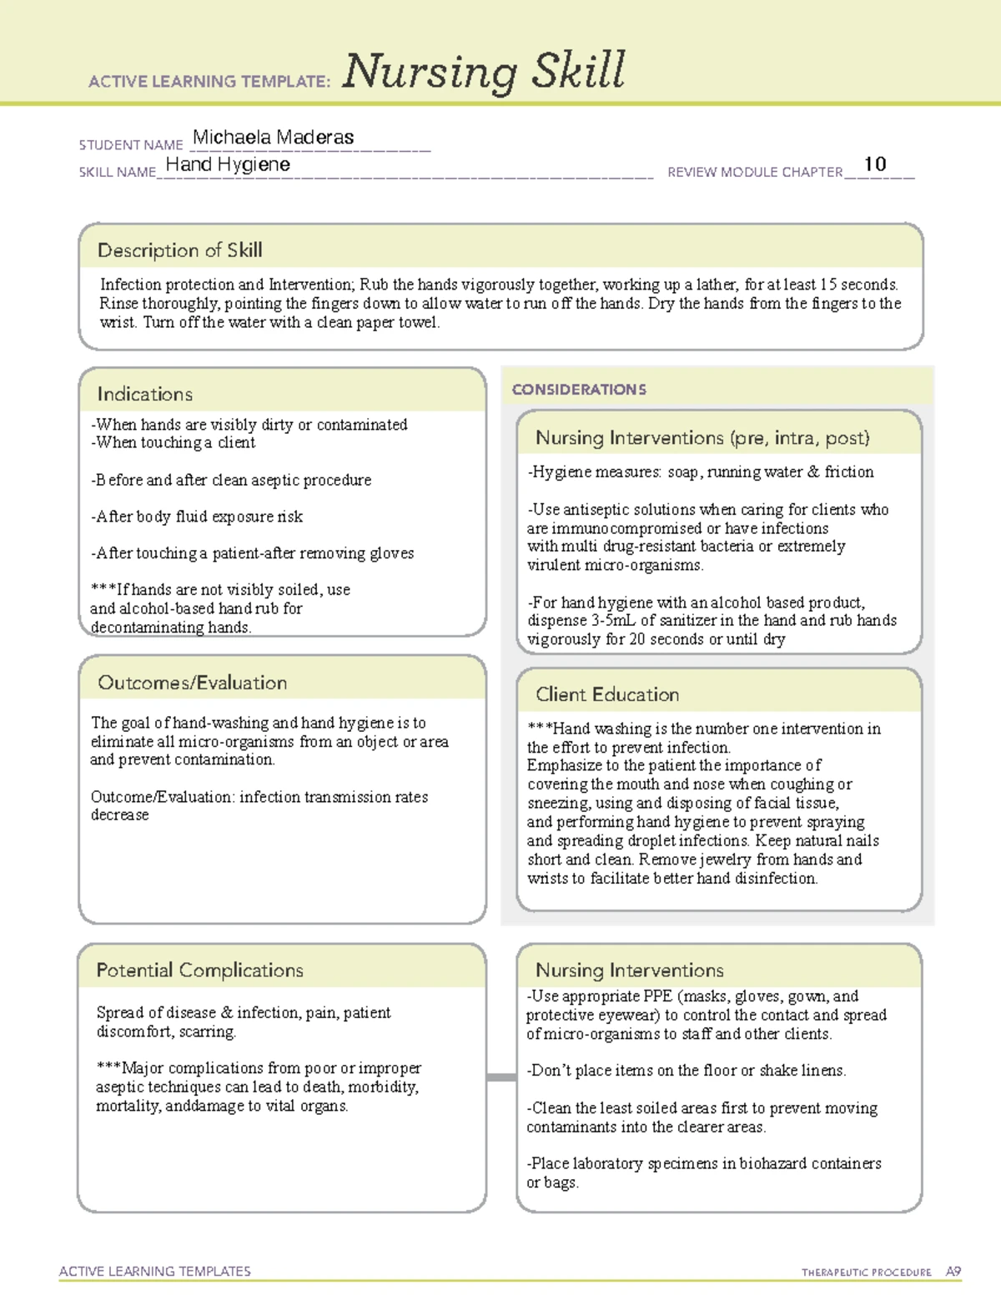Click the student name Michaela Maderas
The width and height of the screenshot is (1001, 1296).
pos(273,138)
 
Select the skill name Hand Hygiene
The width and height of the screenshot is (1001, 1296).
pos(228,164)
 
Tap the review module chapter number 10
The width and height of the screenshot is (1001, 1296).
pos(874,164)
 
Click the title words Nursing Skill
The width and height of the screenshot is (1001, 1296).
pos(483,72)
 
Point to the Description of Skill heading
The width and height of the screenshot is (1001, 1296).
pos(179,250)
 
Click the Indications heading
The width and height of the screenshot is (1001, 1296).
pos(144,394)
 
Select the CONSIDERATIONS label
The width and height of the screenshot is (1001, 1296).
pos(579,390)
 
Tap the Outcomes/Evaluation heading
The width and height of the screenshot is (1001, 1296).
pos(192,683)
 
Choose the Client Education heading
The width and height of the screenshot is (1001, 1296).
pos(606,694)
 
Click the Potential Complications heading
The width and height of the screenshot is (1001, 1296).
pos(199,971)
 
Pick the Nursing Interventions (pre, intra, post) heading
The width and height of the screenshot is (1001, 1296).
pos(702,438)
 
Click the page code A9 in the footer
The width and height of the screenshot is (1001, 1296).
pos(953,1272)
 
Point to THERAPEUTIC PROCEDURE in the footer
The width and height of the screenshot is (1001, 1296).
pos(866,1273)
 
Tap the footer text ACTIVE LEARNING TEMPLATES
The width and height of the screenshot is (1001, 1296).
pos(154,1271)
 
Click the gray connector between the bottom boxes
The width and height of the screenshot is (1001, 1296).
pos(501,1077)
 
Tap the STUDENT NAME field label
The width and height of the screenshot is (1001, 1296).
pos(130,145)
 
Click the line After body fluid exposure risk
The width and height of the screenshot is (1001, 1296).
pos(197,517)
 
